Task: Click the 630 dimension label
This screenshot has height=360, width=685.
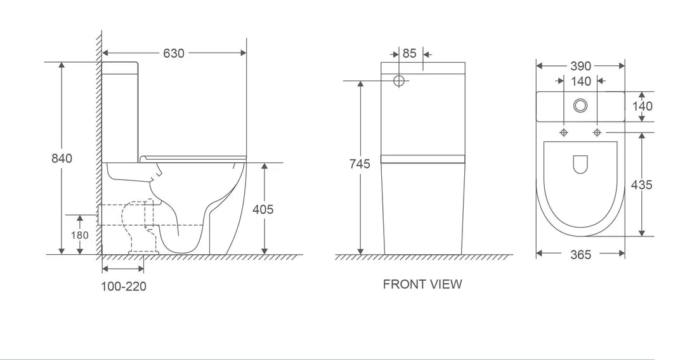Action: pyautogui.click(x=174, y=53)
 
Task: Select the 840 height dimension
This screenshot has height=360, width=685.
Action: pyautogui.click(x=62, y=158)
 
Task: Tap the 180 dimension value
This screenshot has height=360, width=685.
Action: pyautogui.click(x=79, y=235)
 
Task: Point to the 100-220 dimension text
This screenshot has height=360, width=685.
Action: pyautogui.click(x=124, y=286)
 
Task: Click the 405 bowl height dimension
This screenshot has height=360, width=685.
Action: pyautogui.click(x=263, y=209)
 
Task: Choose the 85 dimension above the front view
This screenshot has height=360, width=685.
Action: pyautogui.click(x=410, y=53)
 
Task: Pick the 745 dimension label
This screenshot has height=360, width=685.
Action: pyautogui.click(x=359, y=164)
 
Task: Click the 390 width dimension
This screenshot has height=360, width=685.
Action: pyautogui.click(x=580, y=66)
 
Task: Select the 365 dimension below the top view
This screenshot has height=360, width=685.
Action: pyautogui.click(x=580, y=255)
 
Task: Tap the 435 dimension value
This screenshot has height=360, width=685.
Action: pyautogui.click(x=642, y=185)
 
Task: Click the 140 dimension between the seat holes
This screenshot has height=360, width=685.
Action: pyautogui.click(x=580, y=81)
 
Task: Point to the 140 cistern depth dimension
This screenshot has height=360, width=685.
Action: pyautogui.click(x=642, y=106)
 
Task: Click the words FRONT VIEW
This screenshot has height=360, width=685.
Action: pyautogui.click(x=422, y=285)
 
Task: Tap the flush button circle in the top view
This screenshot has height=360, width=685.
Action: pyautogui.click(x=580, y=106)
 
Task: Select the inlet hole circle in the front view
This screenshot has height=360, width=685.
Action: pyautogui.click(x=400, y=81)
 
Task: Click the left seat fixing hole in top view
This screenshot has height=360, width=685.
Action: pyautogui.click(x=564, y=132)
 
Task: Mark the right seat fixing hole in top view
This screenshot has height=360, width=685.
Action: pyautogui.click(x=597, y=132)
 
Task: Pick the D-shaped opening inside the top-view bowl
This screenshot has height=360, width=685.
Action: pyautogui.click(x=580, y=165)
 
